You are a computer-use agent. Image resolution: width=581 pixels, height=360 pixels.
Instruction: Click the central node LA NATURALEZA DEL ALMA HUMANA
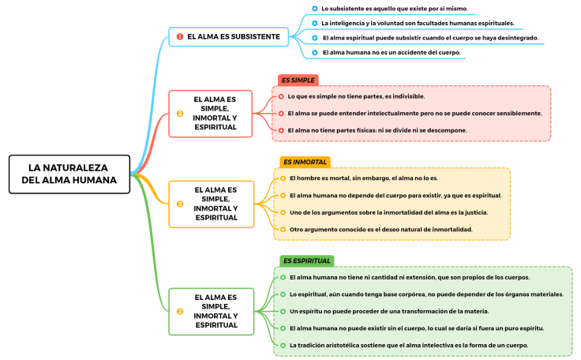(69, 174)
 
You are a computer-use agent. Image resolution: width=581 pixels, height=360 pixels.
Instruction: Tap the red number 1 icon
(180, 36)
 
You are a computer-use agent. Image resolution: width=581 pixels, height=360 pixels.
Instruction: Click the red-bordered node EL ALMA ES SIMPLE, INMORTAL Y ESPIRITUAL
(211, 114)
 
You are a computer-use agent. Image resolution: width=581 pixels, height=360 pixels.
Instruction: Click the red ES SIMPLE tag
(298, 80)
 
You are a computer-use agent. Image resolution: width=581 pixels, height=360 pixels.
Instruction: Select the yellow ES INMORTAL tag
(305, 162)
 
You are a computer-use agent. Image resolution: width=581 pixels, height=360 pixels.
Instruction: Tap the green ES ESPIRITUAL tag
(307, 261)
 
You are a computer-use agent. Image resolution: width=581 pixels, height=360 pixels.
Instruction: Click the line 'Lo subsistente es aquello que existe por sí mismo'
(394, 9)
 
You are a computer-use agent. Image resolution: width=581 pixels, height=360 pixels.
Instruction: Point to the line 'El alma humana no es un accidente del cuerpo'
(391, 53)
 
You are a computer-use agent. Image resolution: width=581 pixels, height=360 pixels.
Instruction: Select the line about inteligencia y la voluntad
(418, 23)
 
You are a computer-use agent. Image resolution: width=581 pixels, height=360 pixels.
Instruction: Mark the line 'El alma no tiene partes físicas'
(377, 130)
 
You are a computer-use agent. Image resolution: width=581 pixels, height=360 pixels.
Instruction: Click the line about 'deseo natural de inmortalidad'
(380, 230)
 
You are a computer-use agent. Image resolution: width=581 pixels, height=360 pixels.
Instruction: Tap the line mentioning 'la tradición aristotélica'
(408, 346)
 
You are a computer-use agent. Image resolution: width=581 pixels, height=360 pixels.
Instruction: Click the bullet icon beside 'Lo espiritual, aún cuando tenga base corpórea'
(282, 294)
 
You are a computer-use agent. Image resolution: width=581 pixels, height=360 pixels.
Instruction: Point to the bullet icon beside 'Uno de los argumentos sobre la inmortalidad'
(282, 212)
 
